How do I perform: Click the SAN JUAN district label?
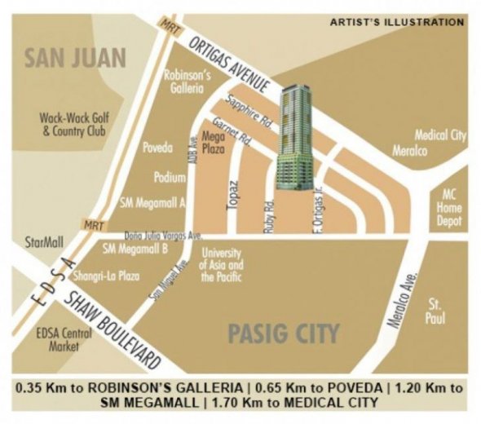74,59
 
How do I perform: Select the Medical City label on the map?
440,135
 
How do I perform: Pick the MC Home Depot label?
450,207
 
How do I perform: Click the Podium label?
170,177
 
